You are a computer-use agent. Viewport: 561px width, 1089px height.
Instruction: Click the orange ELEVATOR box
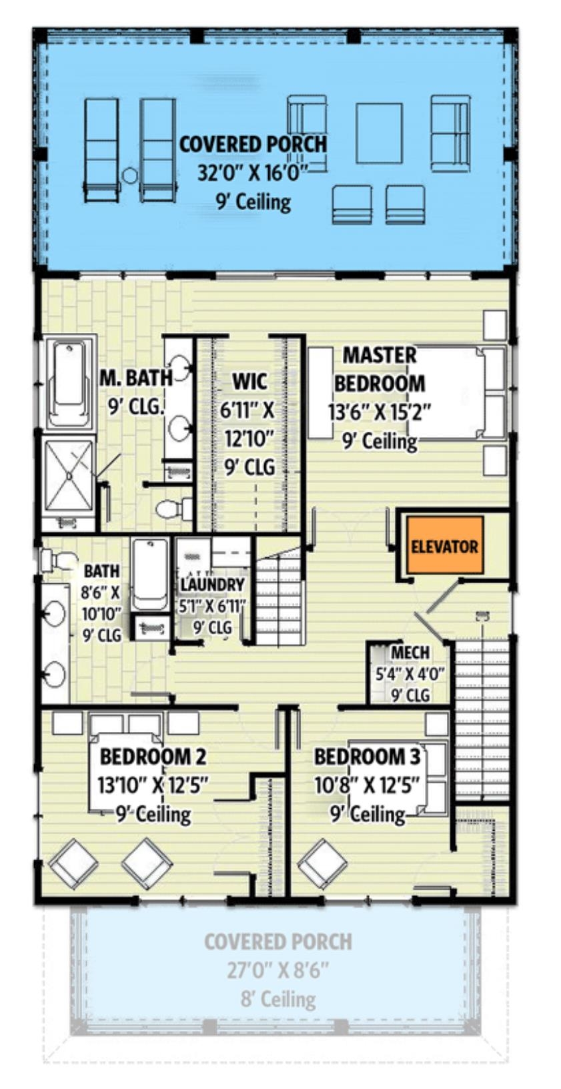tap(444, 545)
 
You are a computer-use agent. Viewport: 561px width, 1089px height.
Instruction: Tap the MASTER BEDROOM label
tap(379, 369)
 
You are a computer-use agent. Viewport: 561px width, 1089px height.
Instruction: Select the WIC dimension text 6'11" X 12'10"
tap(248, 426)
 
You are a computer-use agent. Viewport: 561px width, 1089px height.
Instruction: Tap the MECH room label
tap(410, 652)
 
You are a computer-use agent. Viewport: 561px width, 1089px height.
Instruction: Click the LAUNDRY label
tap(212, 585)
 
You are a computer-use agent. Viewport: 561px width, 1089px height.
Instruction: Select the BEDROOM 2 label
tap(153, 757)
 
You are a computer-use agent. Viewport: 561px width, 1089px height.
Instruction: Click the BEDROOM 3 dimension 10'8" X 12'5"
tap(367, 785)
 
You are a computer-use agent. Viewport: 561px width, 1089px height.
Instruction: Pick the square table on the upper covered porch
tap(379, 133)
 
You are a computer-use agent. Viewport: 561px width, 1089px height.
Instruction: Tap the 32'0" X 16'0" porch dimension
tap(253, 172)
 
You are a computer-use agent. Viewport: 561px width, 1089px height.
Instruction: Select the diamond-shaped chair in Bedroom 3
tap(322, 864)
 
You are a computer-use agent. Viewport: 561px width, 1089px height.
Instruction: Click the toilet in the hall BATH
tap(57, 561)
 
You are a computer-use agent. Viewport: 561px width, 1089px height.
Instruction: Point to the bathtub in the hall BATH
tap(151, 574)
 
